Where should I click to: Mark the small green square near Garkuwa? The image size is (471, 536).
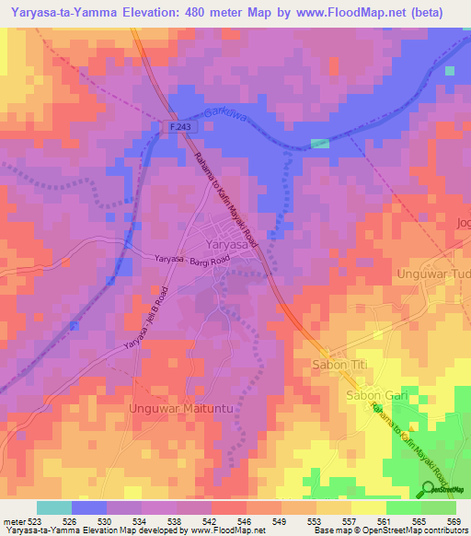[x=319, y=144]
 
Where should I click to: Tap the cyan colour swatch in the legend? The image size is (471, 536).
[x=54, y=507]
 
